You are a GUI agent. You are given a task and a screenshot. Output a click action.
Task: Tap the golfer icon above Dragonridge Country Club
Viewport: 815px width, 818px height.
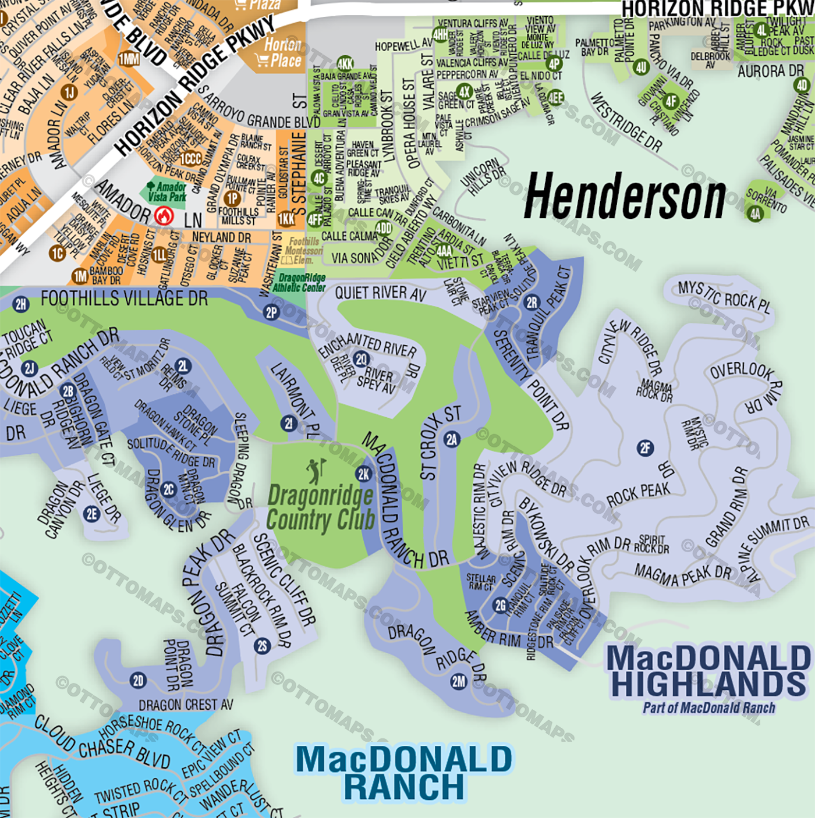pos(316,471)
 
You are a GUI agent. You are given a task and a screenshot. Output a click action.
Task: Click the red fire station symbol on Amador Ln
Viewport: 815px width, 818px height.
pos(165,216)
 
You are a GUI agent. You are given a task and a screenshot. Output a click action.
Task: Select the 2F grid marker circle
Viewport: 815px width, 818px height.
pos(645,448)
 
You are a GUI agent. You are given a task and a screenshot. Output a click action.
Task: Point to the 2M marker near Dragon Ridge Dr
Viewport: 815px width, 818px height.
pos(459,681)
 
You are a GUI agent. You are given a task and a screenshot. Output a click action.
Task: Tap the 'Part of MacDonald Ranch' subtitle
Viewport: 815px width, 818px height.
pos(708,708)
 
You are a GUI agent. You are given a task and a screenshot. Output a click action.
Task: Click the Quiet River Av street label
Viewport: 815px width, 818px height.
pos(380,293)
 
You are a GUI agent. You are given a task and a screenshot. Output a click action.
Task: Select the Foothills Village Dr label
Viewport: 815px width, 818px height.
pos(124,299)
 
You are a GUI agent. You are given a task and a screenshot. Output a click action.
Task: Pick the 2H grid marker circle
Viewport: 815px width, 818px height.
pos(21,304)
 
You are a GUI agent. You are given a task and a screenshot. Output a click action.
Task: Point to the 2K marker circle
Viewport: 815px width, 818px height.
pos(364,474)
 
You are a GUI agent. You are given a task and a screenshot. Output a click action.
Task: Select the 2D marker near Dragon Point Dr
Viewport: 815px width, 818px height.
pos(138,681)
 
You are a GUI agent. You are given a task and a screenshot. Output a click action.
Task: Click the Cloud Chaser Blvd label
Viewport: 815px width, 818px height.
pos(102,741)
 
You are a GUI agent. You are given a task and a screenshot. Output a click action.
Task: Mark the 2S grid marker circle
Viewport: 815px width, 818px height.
pos(262,646)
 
